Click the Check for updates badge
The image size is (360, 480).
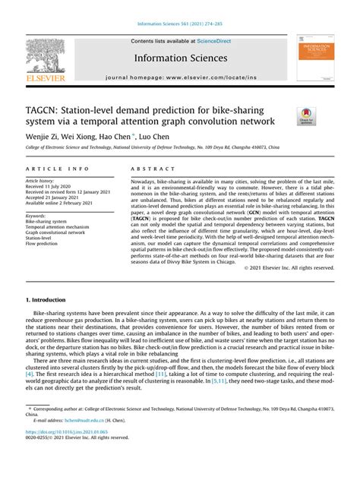click(x=307, y=116)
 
